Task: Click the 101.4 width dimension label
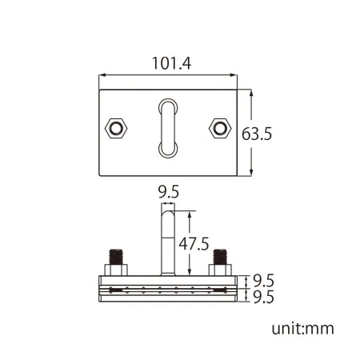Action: point(171,63)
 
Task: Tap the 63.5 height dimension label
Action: point(257,134)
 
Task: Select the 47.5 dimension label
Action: point(194,244)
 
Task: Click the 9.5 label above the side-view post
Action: point(169,192)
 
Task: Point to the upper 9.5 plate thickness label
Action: point(263,281)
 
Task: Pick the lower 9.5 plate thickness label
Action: point(263,297)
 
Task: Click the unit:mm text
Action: point(302,329)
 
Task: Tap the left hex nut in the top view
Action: point(116,128)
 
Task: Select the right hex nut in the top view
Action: point(220,128)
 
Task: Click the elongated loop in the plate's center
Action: point(168,128)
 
